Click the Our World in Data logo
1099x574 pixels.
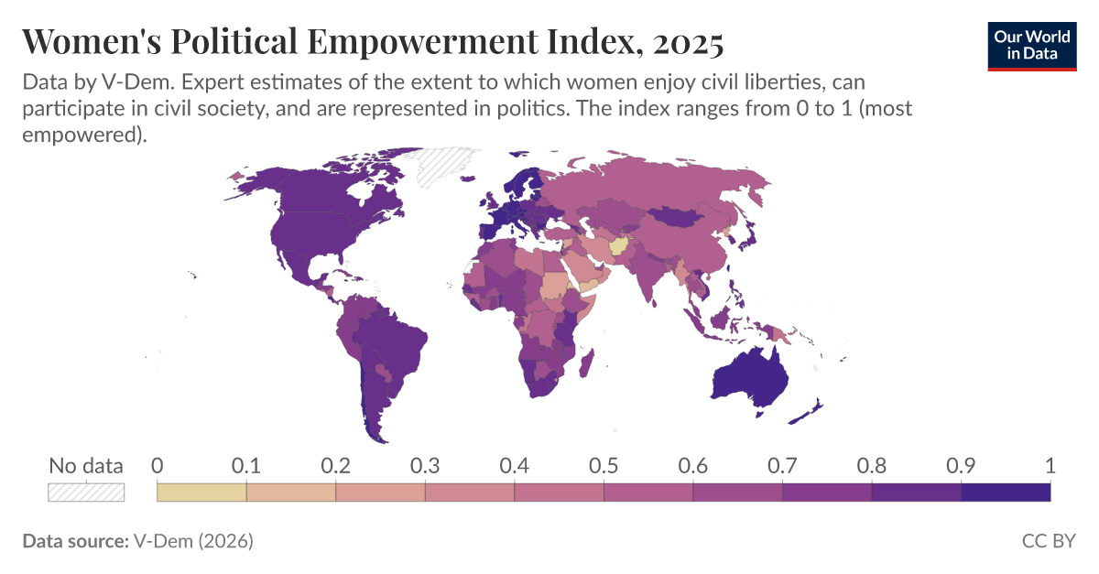click(1030, 46)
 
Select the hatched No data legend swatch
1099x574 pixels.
click(85, 492)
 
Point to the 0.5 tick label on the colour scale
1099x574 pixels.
click(604, 465)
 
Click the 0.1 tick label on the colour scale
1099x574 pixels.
click(246, 465)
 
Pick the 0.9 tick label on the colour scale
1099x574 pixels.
click(961, 465)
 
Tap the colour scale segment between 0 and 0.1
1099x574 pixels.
click(201, 493)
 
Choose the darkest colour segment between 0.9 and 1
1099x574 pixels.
click(1006, 493)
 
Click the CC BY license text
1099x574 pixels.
click(1048, 541)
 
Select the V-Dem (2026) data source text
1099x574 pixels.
click(193, 541)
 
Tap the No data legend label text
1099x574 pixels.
click(85, 465)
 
